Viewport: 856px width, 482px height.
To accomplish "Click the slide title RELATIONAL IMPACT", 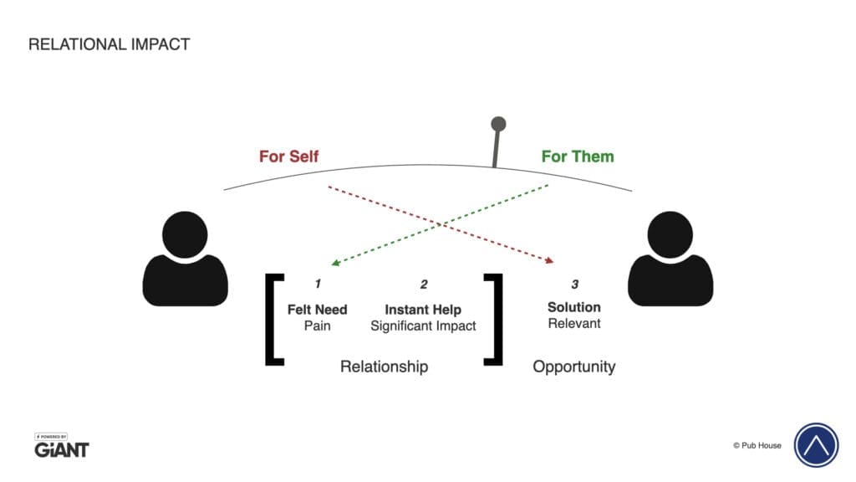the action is click(110, 44).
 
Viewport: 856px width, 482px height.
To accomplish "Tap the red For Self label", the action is click(288, 156).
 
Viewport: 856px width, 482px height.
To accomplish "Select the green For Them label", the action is click(578, 156).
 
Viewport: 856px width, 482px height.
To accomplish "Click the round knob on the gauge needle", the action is click(498, 124).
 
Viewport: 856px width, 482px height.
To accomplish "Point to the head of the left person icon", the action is click(185, 234).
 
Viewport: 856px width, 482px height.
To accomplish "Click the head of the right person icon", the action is click(670, 234).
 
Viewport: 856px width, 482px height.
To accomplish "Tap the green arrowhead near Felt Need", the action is click(336, 263).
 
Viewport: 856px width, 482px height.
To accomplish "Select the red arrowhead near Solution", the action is click(549, 261).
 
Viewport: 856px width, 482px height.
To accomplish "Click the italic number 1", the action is click(318, 284).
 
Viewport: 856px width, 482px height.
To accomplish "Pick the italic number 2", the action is click(424, 285).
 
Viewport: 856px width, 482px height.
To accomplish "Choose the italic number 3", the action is click(575, 285).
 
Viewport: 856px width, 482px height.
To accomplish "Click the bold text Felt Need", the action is click(317, 310).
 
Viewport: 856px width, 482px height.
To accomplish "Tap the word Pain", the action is click(317, 326).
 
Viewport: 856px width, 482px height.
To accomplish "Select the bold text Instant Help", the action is click(423, 310).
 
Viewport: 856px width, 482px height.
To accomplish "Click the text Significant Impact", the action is click(423, 326).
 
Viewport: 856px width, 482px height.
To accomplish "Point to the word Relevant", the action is click(574, 324).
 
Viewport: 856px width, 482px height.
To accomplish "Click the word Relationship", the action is click(384, 367).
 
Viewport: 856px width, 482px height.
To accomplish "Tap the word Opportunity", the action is click(574, 367).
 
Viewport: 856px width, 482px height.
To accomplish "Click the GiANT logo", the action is click(61, 446).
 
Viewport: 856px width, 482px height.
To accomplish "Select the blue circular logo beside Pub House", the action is click(816, 445).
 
